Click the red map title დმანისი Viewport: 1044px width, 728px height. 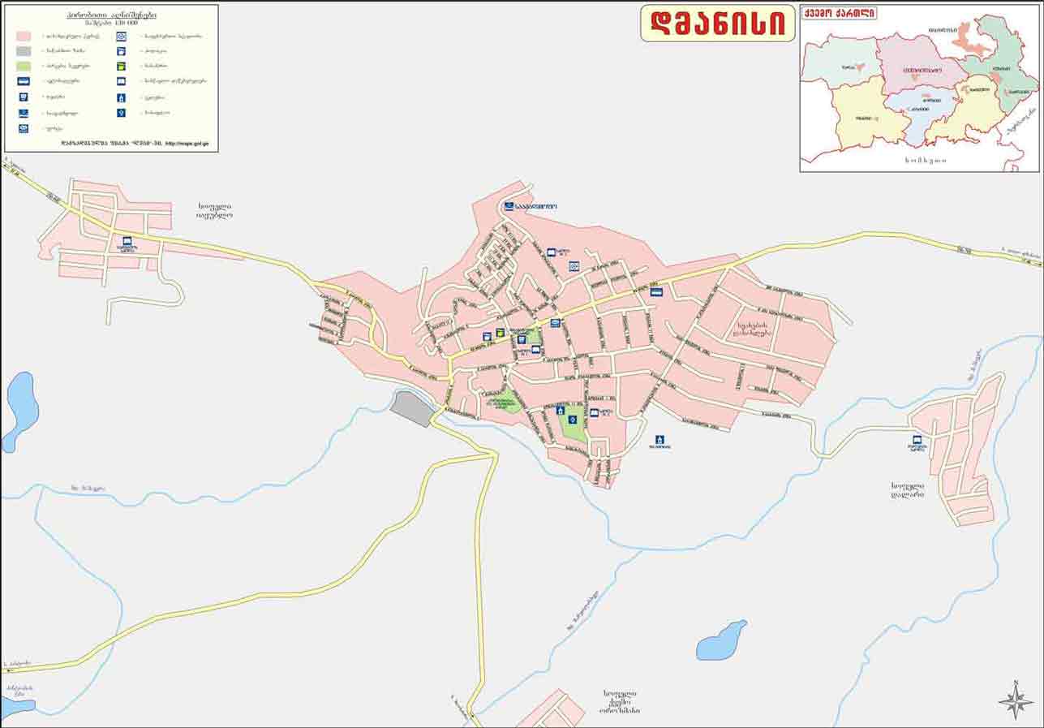(x=717, y=24)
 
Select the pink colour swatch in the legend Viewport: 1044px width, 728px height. (x=24, y=37)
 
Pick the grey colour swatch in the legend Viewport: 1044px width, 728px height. (x=24, y=51)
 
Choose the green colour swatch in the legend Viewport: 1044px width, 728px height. (x=24, y=66)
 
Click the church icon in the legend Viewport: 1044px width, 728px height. (x=121, y=112)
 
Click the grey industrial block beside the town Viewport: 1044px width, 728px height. (x=413, y=408)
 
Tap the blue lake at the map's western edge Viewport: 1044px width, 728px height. (x=20, y=410)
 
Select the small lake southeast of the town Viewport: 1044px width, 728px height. (x=720, y=641)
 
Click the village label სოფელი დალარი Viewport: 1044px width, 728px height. (x=907, y=489)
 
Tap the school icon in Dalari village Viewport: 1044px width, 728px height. (x=917, y=443)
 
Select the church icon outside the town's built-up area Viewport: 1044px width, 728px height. (x=659, y=441)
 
